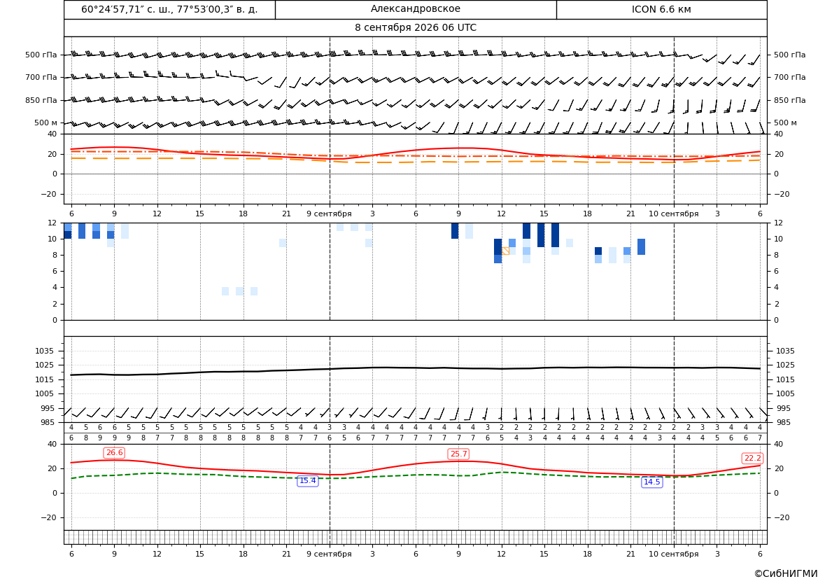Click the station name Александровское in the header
415,9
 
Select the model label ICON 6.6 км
661,9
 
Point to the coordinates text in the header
169,9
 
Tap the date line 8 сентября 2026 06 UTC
415,28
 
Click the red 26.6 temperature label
114,453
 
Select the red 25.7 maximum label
458,454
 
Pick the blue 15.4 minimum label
307,481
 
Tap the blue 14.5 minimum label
651,482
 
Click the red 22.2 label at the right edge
752,459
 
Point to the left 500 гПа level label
41,55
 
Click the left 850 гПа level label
41,100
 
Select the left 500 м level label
46,123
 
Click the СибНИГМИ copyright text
786,574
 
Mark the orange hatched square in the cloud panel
505,251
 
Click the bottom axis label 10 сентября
673,554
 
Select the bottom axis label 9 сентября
329,554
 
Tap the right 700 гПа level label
790,77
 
